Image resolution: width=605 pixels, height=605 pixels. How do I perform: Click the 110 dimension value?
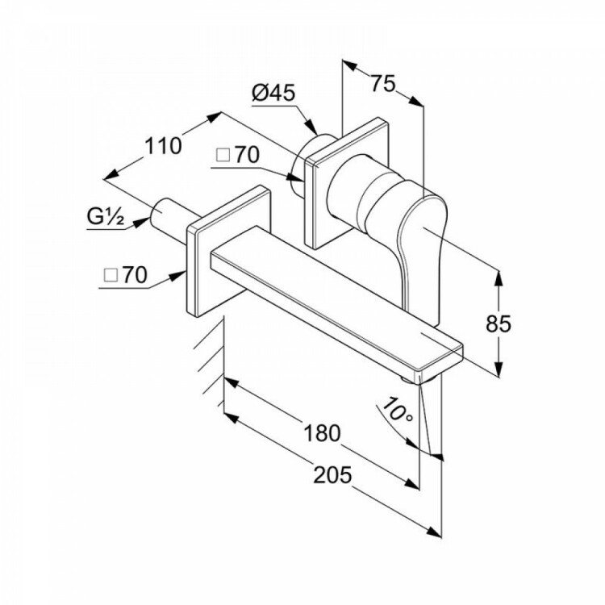point(163,146)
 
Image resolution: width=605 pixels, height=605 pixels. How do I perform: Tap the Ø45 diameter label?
point(273,93)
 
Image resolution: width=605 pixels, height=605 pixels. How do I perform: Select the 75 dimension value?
point(383,83)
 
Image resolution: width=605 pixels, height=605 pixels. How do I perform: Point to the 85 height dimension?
point(499,323)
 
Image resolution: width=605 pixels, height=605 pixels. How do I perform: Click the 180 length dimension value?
point(323,432)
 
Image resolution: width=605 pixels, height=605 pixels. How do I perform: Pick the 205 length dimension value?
point(332,474)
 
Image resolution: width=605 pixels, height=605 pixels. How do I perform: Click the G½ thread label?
point(106,217)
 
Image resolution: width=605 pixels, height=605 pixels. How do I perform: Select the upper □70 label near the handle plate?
point(238,155)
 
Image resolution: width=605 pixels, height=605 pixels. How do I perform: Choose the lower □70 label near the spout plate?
point(126,276)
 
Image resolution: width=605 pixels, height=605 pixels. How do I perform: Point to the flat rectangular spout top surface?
point(336,294)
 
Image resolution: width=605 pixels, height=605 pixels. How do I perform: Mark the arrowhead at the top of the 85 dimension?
point(499,277)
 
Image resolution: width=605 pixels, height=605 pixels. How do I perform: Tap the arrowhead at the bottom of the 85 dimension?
point(499,369)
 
